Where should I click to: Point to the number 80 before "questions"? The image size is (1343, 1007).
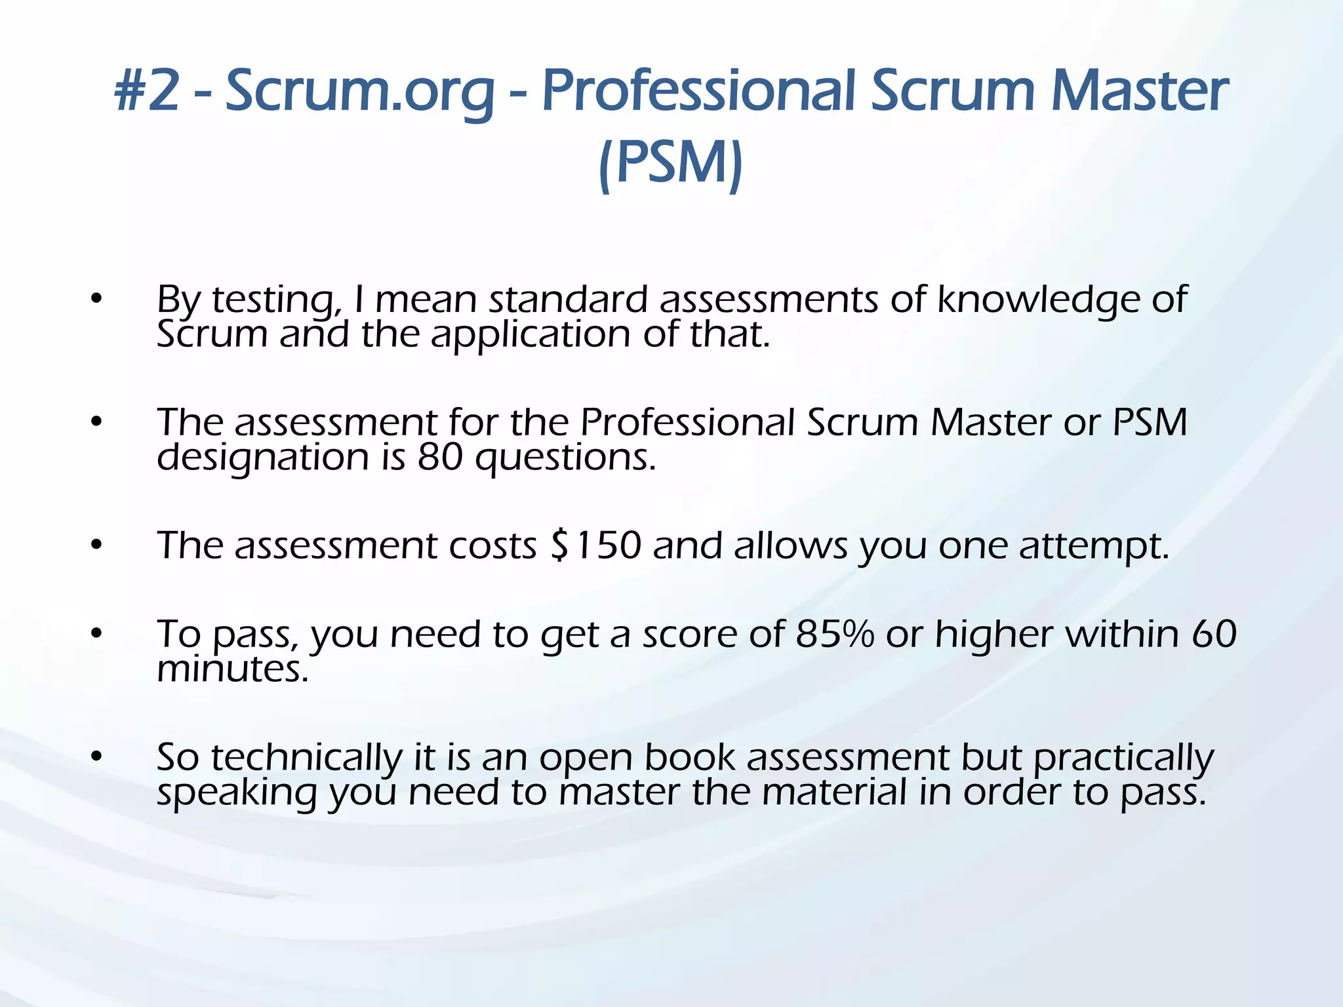point(440,457)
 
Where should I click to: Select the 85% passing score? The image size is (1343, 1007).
point(835,634)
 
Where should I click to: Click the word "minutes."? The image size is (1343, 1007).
point(233,669)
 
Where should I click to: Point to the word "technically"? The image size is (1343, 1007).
point(306,758)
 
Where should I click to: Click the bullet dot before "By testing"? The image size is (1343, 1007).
point(97,299)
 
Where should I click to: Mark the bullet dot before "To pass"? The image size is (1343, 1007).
point(97,634)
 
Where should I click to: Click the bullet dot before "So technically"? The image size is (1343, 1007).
point(97,757)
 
